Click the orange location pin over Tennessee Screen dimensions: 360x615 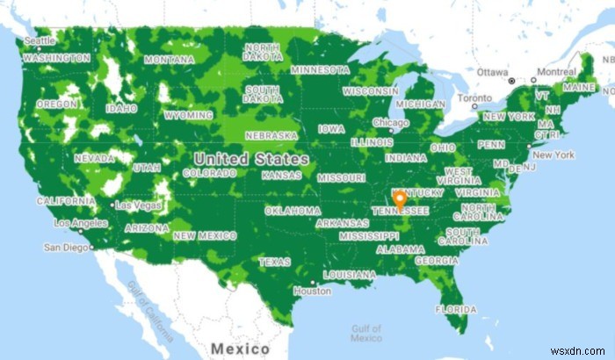(x=400, y=199)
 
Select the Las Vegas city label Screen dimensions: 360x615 (x=138, y=205)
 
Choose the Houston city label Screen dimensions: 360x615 (x=312, y=291)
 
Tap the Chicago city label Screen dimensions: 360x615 (x=390, y=123)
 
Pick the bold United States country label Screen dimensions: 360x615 (x=251, y=159)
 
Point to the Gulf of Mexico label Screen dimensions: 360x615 (x=365, y=331)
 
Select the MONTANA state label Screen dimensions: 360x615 (x=170, y=59)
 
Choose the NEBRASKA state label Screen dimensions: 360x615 (x=271, y=136)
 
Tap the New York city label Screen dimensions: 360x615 (x=553, y=155)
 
